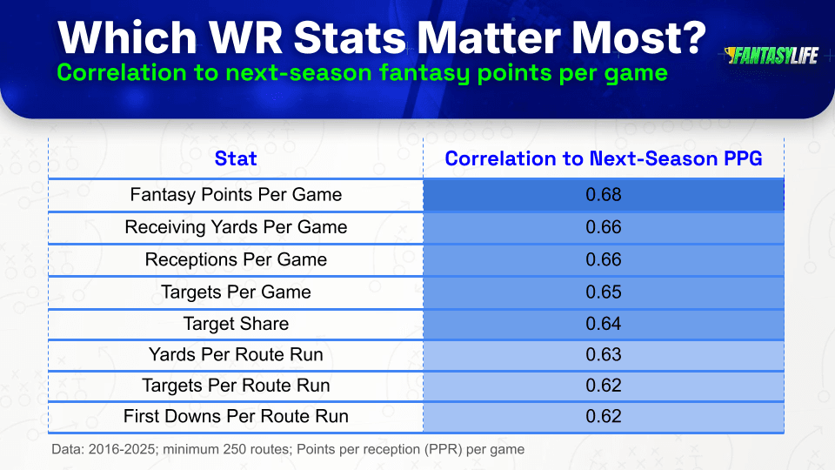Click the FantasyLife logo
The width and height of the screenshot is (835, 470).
(x=772, y=56)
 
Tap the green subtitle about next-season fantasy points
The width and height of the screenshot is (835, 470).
(x=362, y=72)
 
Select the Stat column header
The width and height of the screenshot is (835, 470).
(x=236, y=158)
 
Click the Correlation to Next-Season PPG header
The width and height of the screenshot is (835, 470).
(x=604, y=158)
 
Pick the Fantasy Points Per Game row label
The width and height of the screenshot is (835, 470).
(x=236, y=194)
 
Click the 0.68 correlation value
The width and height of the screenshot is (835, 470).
(x=604, y=194)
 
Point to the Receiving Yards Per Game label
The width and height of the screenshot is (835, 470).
(x=236, y=227)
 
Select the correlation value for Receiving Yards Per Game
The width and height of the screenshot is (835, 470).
(x=604, y=227)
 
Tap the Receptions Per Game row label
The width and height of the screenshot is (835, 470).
(x=236, y=259)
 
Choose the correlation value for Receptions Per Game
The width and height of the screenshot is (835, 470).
(x=604, y=259)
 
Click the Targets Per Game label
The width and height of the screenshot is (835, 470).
(x=236, y=292)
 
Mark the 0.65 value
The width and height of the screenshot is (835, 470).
(x=604, y=292)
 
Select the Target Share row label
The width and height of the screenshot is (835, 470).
(x=236, y=324)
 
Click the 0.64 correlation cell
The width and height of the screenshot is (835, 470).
(x=604, y=324)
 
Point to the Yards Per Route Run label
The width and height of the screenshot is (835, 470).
(x=236, y=354)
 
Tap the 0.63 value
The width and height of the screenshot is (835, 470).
(x=604, y=354)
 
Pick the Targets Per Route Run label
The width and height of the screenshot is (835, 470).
(x=236, y=386)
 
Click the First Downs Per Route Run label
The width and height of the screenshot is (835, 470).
(x=236, y=416)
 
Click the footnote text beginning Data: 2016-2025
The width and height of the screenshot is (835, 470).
(x=288, y=449)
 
